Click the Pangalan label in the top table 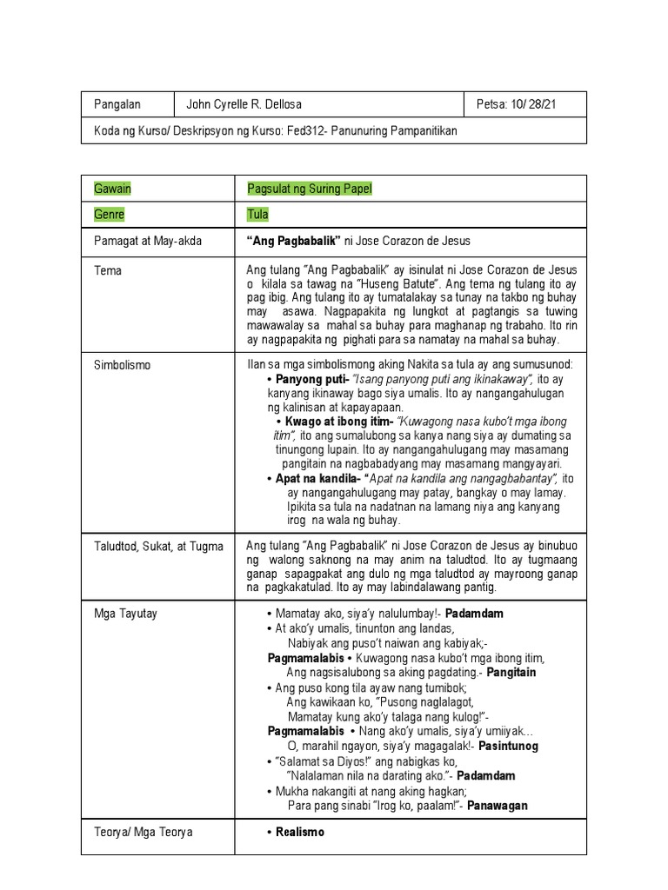tap(117, 105)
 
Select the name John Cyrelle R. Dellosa tap(245, 105)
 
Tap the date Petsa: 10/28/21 tap(517, 105)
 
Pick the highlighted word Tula tap(257, 214)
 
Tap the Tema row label tap(108, 271)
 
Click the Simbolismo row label tap(122, 365)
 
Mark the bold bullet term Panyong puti tap(312, 380)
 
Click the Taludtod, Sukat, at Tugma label tap(158, 546)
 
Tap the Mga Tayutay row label tap(125, 614)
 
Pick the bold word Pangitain tap(511, 673)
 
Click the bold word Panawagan tap(495, 806)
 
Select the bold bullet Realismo tap(300, 833)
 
